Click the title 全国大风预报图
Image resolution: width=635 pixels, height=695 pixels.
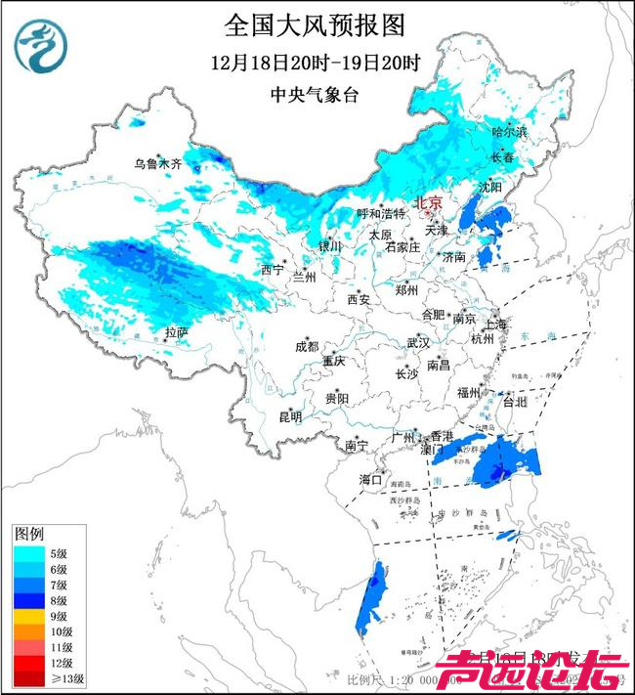pyautogui.click(x=314, y=23)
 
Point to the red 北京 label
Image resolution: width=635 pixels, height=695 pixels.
pyautogui.click(x=429, y=202)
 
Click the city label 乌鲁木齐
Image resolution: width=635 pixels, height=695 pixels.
pyautogui.click(x=157, y=163)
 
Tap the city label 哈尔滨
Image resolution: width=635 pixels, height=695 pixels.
pyautogui.click(x=509, y=130)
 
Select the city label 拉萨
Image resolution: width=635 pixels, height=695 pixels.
pyautogui.click(x=176, y=333)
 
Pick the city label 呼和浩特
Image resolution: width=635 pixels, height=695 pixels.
pyautogui.click(x=380, y=213)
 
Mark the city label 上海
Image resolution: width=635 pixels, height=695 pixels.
pyautogui.click(x=494, y=324)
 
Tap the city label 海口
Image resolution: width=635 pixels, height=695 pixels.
pyautogui.click(x=370, y=480)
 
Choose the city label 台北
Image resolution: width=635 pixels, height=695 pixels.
pyautogui.click(x=513, y=401)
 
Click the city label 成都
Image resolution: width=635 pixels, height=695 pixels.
pyautogui.click(x=307, y=346)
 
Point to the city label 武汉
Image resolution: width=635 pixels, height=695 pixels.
pyautogui.click(x=417, y=343)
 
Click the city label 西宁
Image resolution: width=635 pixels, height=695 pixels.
pyautogui.click(x=272, y=270)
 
